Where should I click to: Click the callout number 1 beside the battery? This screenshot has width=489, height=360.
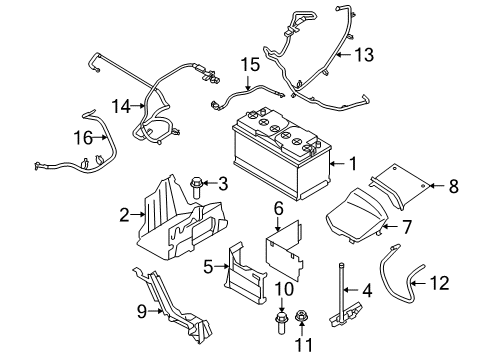pos(351,163)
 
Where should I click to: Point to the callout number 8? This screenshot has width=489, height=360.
pos(454,185)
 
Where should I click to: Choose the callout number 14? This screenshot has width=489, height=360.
pos(121,106)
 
